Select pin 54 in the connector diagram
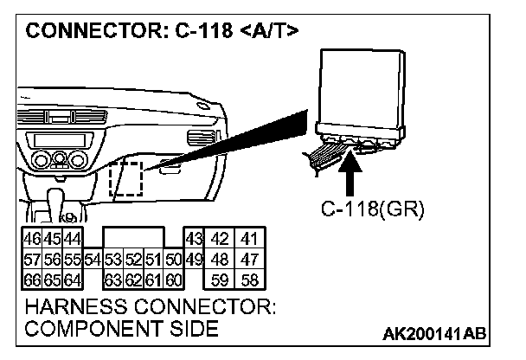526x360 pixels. click(93, 260)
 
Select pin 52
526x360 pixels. click(132, 260)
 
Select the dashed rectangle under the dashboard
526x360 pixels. click(126, 177)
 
